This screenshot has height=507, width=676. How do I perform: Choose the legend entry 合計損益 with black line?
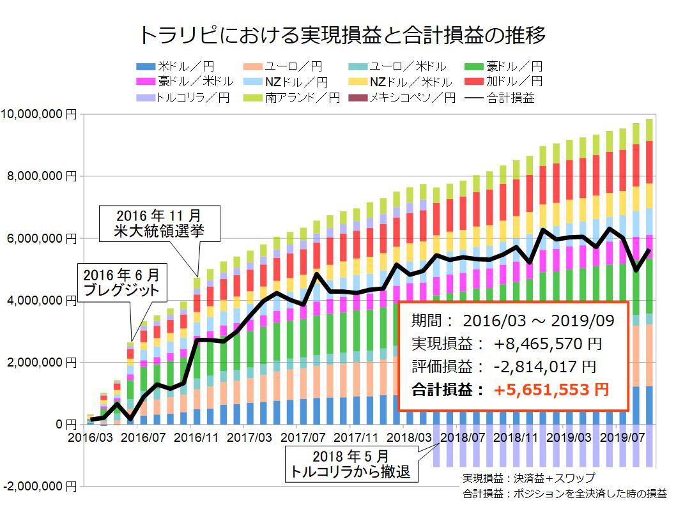coord(509,98)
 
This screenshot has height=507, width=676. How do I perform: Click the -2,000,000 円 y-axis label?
coord(38,486)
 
